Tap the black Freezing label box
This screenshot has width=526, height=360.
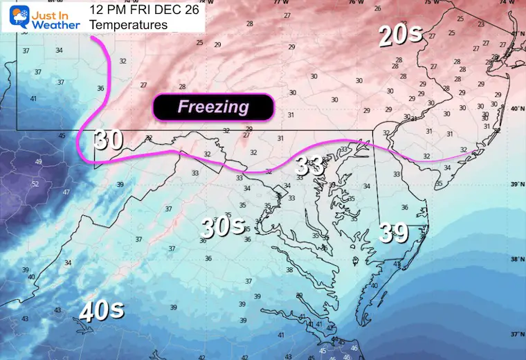pyautogui.click(x=213, y=107)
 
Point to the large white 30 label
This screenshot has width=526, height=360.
pyautogui.click(x=109, y=139)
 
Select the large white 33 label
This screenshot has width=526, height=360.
pyautogui.click(x=310, y=165)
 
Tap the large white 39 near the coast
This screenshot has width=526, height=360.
pyautogui.click(x=392, y=233)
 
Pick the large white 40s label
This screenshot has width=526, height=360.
pyautogui.click(x=102, y=311)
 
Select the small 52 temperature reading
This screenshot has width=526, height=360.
pyautogui.click(x=35, y=183)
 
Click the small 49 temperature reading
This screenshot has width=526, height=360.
pyautogui.click(x=38, y=162)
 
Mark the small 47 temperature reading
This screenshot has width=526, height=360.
pyautogui.click(x=66, y=192)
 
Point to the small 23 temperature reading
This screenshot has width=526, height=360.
pyautogui.click(x=481, y=24)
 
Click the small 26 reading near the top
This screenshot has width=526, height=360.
pyautogui.click(x=377, y=8)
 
